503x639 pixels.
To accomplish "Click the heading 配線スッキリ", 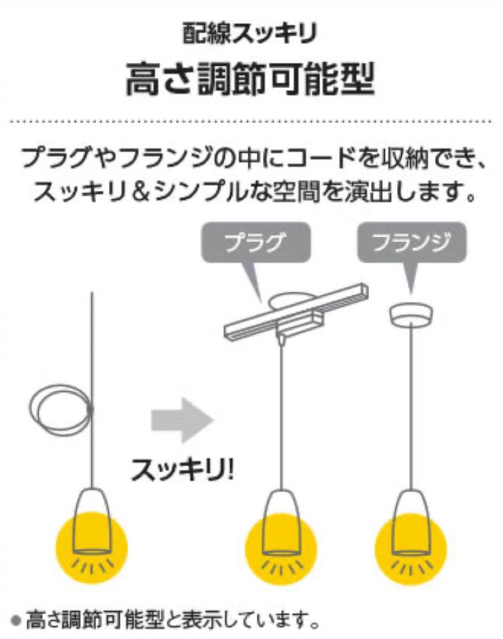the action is [x=250, y=33].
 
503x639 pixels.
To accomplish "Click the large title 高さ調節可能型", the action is [x=250, y=79].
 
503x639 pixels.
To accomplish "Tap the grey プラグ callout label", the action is [x=256, y=243].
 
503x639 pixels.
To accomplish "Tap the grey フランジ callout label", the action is [x=412, y=243].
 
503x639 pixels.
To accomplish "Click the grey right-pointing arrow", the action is [x=183, y=420].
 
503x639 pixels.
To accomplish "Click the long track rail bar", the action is [x=296, y=312].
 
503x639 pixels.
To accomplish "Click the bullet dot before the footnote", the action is [x=17, y=622].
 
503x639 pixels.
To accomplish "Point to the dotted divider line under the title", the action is [x=250, y=121].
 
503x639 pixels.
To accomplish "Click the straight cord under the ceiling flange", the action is [x=411, y=407].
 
